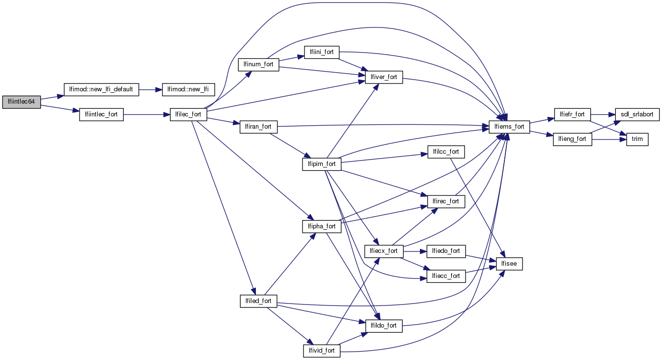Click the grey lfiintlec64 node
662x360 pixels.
(21, 102)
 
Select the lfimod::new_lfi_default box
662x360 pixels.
(102, 90)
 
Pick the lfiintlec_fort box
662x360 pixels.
(101, 115)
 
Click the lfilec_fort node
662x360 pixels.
(188, 115)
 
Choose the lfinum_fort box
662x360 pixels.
(258, 64)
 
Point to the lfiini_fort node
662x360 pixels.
(322, 52)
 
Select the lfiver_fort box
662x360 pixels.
(384, 77)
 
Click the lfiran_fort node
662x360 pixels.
(258, 127)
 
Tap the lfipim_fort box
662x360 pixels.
(322, 164)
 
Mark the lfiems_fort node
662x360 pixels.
(510, 127)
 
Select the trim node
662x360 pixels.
(637, 139)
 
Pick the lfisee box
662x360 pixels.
(510, 264)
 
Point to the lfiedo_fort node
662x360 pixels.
(446, 251)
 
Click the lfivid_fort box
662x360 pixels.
(322, 351)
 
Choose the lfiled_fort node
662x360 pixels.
(258, 301)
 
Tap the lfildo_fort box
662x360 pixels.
(384, 325)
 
